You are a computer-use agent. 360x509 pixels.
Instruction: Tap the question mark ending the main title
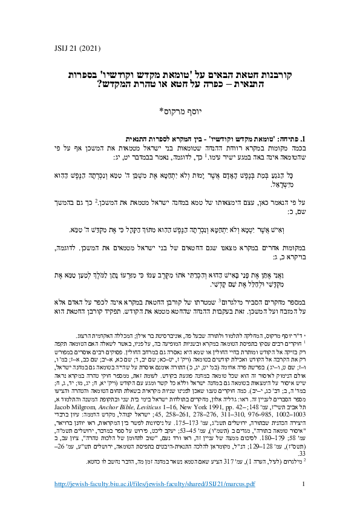[x=99, y=86]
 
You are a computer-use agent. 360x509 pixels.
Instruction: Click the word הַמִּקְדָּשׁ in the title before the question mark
[x=115, y=86]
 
